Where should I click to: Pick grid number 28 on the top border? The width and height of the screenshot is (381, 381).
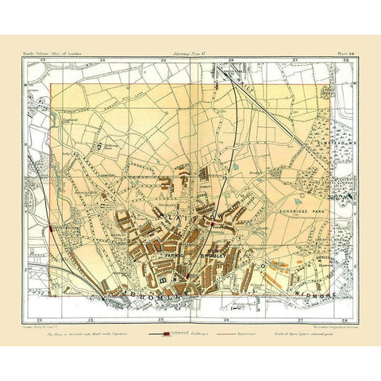click(x=341, y=65)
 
